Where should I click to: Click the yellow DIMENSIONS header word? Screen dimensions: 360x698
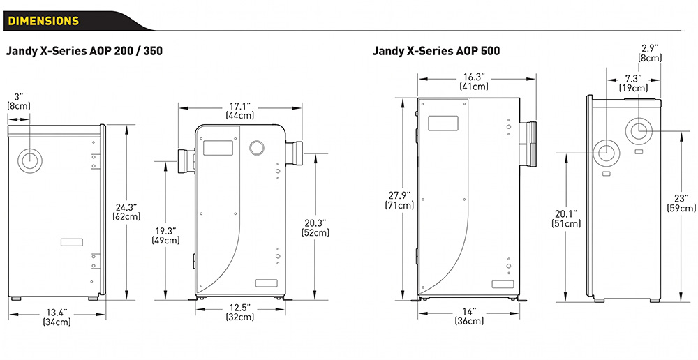tap(43, 21)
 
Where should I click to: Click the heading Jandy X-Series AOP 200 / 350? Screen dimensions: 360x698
tap(84, 51)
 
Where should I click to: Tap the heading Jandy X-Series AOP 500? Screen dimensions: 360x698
tap(436, 51)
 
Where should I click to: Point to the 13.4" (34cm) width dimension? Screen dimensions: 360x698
tap(57, 317)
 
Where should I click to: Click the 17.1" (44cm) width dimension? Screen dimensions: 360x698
tap(239, 110)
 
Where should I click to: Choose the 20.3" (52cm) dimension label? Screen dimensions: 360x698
tap(317, 228)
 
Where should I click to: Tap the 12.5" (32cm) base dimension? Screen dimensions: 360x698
tap(239, 313)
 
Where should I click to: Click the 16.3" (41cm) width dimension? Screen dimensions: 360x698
tap(473, 82)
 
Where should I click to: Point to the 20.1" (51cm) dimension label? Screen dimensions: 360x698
tap(566, 219)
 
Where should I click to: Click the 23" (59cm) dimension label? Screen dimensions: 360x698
tap(681, 203)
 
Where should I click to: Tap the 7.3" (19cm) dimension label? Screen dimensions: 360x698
tap(633, 83)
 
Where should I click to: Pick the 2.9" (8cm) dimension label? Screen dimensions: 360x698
tap(651, 53)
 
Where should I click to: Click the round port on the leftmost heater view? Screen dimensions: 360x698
tap(30, 160)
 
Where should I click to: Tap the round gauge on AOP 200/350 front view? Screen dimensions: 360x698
tap(257, 147)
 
